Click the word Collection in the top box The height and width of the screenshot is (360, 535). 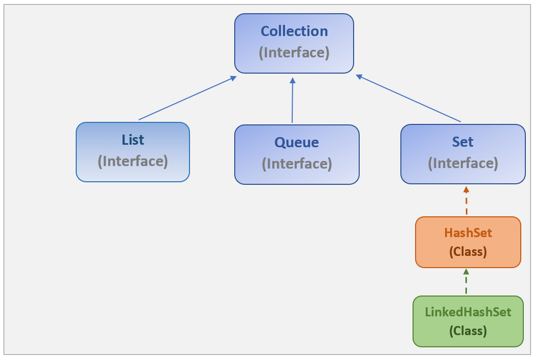(294, 31)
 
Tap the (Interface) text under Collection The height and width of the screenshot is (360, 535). (294, 53)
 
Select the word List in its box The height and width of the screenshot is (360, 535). (133, 140)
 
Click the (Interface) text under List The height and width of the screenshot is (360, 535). (133, 161)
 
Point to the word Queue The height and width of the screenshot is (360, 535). (297, 143)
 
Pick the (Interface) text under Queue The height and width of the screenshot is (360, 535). (297, 164)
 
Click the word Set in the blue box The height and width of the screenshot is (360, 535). (463, 142)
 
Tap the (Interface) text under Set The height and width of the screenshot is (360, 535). (463, 163)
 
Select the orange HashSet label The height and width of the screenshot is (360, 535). (468, 233)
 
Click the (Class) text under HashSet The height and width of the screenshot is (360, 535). (468, 252)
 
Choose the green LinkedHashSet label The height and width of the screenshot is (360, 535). (468, 312)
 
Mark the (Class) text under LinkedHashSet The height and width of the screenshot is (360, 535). (468, 331)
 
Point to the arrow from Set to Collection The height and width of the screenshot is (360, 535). (408, 99)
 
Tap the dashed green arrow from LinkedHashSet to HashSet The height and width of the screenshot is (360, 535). (466, 283)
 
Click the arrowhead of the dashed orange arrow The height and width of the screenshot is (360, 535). (466, 189)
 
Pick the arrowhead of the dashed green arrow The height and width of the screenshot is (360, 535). (466, 272)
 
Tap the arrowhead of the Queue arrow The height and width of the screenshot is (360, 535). (292, 80)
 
